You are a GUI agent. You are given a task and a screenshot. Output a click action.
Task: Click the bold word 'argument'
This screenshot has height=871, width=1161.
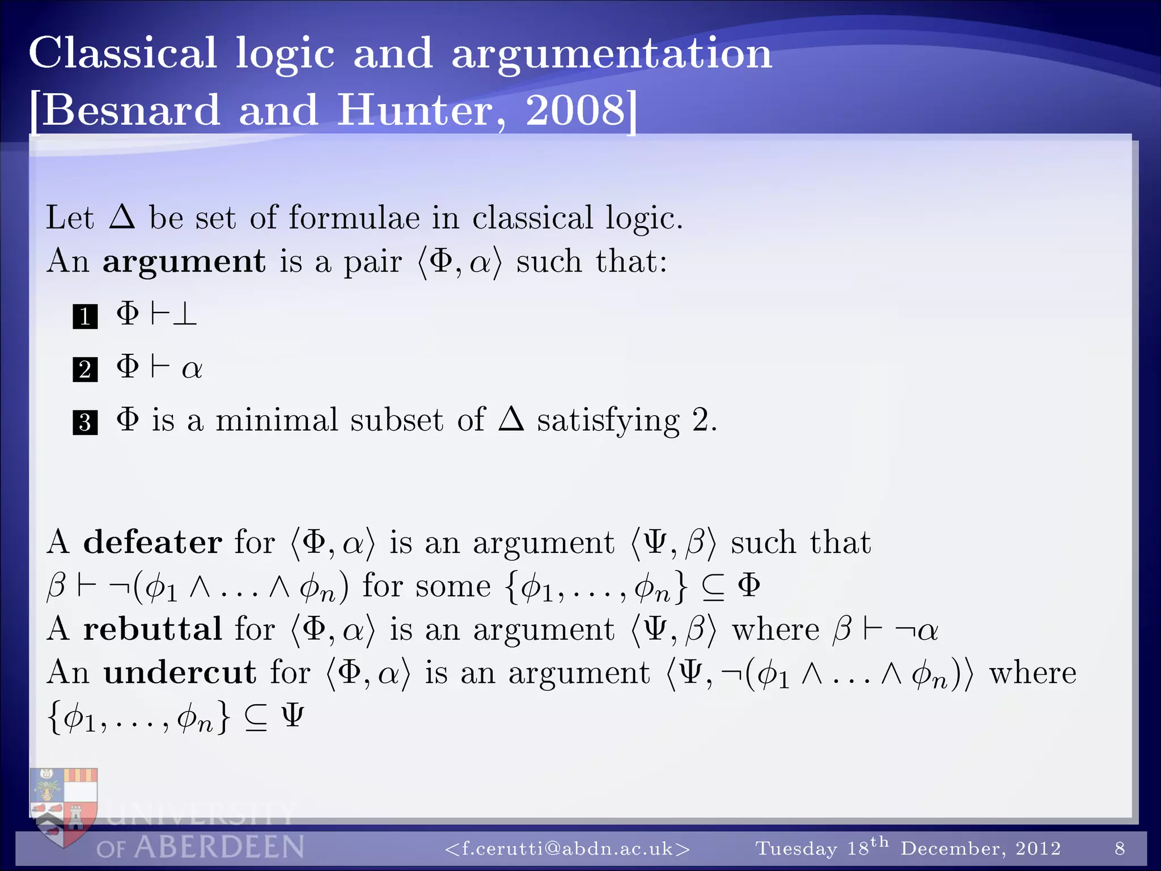click(184, 261)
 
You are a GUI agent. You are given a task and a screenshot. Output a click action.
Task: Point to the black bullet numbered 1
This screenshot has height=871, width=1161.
click(85, 316)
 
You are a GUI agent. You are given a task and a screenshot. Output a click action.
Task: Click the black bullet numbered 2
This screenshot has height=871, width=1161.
click(85, 369)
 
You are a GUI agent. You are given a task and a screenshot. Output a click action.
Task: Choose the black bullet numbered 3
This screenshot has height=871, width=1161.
click(85, 422)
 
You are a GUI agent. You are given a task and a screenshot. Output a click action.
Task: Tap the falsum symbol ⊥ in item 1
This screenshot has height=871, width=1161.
click(185, 314)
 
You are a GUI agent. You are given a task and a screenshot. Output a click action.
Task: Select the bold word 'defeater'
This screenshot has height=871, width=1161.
click(152, 542)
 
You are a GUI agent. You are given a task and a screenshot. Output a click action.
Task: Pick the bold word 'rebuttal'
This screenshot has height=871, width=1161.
click(152, 629)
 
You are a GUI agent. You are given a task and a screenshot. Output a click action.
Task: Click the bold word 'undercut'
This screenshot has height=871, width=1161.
click(180, 673)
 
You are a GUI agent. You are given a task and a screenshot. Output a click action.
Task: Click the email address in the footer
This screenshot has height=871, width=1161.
click(567, 848)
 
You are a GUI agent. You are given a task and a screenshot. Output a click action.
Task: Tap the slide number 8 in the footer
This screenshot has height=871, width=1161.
click(1120, 848)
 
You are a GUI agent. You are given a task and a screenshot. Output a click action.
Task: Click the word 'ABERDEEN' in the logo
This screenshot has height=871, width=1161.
click(219, 847)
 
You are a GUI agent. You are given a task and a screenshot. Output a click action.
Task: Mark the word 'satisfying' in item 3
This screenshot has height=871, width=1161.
click(608, 421)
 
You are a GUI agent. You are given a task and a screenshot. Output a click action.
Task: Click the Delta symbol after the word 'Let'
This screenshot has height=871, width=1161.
click(122, 217)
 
